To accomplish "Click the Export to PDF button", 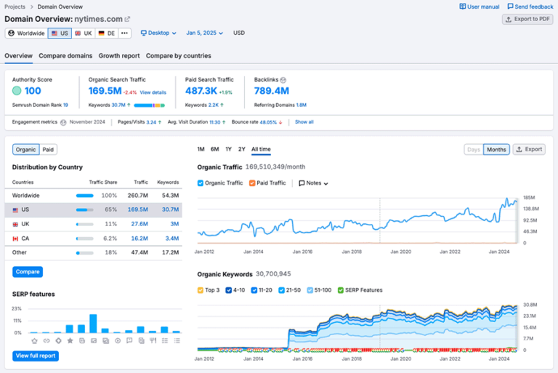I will (x=527, y=19).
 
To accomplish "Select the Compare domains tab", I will (x=65, y=56).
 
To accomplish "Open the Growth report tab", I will (x=119, y=56).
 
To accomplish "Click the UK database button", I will (x=84, y=33).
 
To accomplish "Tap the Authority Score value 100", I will (x=33, y=91).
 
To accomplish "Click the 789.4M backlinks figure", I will (x=272, y=91).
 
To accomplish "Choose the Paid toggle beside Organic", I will (x=48, y=150).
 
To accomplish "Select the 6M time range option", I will (x=215, y=150).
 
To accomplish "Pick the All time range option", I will (x=261, y=150).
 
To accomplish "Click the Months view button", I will (x=496, y=150).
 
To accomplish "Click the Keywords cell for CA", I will (x=171, y=238).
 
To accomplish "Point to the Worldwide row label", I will (x=26, y=196).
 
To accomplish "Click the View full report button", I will (x=35, y=356).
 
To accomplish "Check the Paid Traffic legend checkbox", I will (x=253, y=183).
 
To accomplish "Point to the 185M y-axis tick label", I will (x=529, y=198).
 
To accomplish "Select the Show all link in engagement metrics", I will (x=304, y=122).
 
